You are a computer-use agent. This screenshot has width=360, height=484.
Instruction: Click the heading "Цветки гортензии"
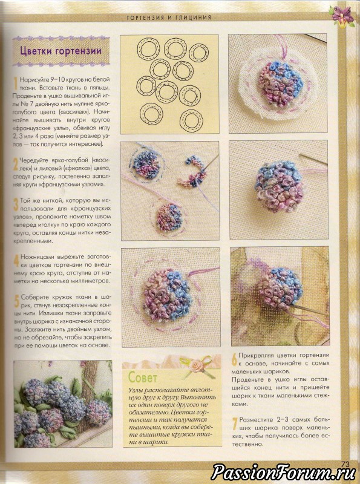(x=61, y=51)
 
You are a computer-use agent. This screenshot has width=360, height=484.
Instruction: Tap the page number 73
(x=345, y=464)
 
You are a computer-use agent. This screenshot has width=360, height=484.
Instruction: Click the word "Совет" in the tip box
(x=143, y=377)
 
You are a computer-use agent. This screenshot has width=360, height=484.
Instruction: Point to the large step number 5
(x=17, y=301)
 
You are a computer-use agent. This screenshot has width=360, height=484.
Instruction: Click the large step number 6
(x=234, y=359)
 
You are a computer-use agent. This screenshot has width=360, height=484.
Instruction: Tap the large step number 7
(x=235, y=423)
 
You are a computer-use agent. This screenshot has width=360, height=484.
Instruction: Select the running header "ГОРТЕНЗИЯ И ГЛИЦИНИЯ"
(x=169, y=18)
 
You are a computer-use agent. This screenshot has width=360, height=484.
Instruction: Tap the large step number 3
(x=16, y=204)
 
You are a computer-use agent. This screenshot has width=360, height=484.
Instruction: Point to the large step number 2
(x=16, y=164)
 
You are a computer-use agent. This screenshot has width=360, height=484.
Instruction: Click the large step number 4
(x=16, y=261)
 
